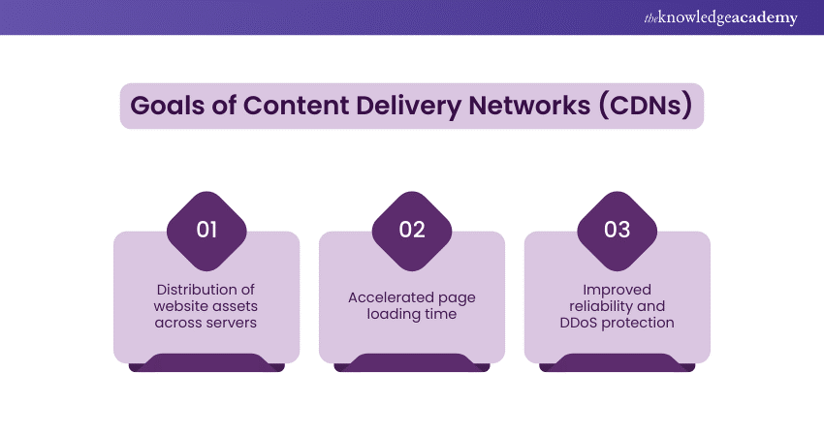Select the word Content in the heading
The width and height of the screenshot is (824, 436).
(x=284, y=106)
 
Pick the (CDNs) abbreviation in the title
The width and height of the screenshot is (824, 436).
(x=643, y=106)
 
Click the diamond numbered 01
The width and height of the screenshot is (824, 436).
(x=206, y=230)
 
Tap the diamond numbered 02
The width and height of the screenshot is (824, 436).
(x=412, y=230)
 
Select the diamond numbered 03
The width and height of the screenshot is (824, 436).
(x=618, y=230)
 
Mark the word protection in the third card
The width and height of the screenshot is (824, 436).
(x=638, y=322)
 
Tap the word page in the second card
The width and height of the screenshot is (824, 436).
(x=457, y=297)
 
